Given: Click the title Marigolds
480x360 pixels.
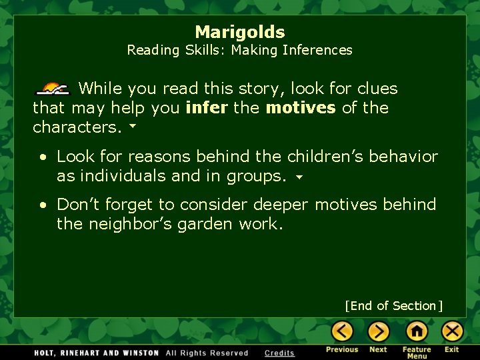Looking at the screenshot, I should [240, 32].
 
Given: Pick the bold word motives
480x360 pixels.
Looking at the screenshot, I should [301, 108].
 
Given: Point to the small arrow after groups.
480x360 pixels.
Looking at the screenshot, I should [299, 177].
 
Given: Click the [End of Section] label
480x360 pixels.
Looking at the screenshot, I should [393, 306].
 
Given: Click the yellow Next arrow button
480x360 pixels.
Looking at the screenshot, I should [378, 331].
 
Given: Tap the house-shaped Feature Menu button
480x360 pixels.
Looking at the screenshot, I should [417, 331].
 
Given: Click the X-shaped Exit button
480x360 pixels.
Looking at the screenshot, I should [452, 331].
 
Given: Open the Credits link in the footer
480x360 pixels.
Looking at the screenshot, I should [279, 353].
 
